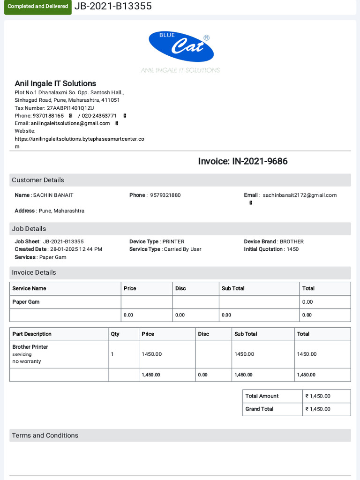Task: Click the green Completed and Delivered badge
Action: (x=38, y=7)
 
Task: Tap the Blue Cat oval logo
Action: (x=181, y=46)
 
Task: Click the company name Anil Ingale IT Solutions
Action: (x=55, y=83)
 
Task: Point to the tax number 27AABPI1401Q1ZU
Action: (x=70, y=108)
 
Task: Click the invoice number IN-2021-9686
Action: (x=260, y=161)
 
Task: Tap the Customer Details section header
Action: (x=38, y=180)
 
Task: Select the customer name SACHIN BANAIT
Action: (x=53, y=195)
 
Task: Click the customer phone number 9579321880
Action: (x=165, y=195)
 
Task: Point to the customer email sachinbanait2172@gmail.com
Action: (x=300, y=195)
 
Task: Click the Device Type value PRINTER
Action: (x=173, y=241)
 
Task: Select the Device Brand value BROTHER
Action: (x=292, y=241)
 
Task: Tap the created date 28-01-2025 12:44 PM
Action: (x=75, y=249)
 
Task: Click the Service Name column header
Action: (x=29, y=288)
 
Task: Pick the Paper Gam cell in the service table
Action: (x=26, y=302)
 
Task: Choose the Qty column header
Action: (x=115, y=334)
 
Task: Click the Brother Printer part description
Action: (x=30, y=347)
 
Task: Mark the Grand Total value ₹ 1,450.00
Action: (x=318, y=409)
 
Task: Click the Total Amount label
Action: (x=262, y=396)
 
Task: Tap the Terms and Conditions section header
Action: (x=45, y=435)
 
